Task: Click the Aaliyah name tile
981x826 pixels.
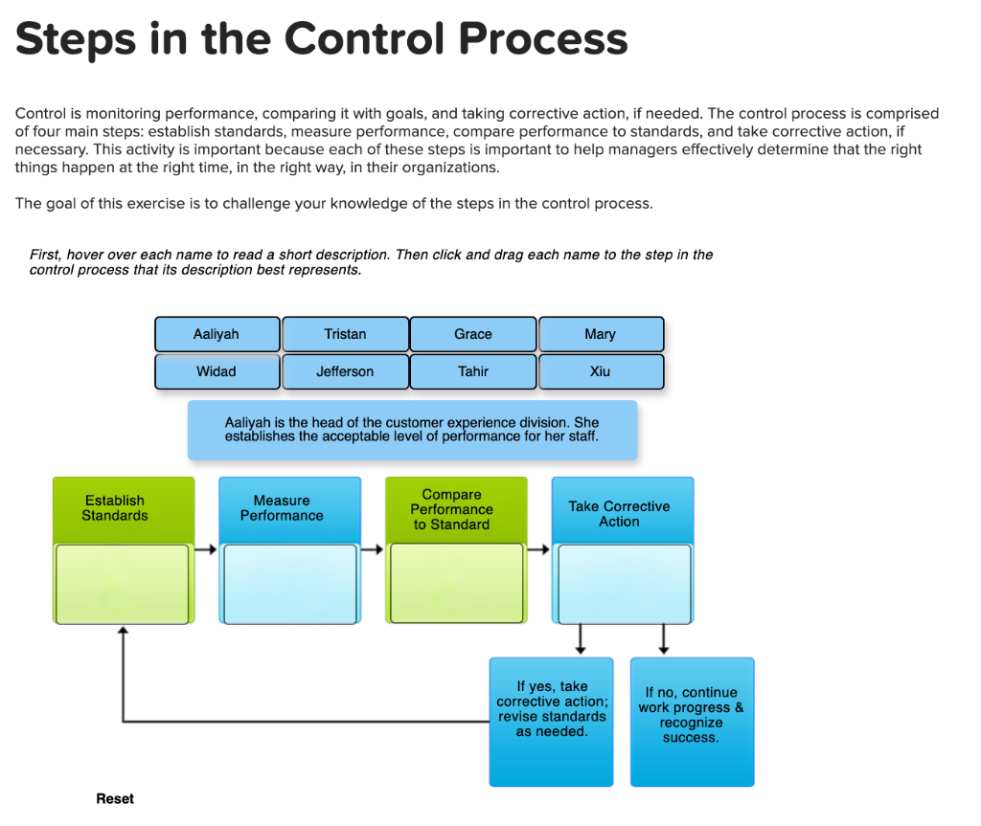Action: pyautogui.click(x=217, y=334)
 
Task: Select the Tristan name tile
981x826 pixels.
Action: pyautogui.click(x=345, y=334)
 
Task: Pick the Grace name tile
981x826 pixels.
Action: pyautogui.click(x=473, y=334)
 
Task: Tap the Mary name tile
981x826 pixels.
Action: pyautogui.click(x=601, y=334)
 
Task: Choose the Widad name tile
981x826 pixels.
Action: pyautogui.click(x=217, y=371)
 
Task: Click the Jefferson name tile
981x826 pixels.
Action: pyautogui.click(x=345, y=371)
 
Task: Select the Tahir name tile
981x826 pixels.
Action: pyautogui.click(x=473, y=371)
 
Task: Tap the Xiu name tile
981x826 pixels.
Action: pyautogui.click(x=601, y=371)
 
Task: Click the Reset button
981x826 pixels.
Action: pyautogui.click(x=115, y=798)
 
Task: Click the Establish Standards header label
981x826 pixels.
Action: pyautogui.click(x=115, y=508)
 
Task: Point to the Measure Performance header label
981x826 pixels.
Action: pyautogui.click(x=282, y=508)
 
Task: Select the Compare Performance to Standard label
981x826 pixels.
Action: pyautogui.click(x=452, y=509)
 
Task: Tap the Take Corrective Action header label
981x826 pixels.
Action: pyautogui.click(x=619, y=514)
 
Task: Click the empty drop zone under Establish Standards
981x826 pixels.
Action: pyautogui.click(x=122, y=584)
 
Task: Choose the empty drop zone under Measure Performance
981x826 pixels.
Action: pyautogui.click(x=289, y=584)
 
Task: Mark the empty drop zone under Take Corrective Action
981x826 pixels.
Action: pyautogui.click(x=625, y=584)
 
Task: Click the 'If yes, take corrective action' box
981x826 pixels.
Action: pyautogui.click(x=551, y=722)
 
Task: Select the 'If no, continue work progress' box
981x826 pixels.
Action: pyautogui.click(x=692, y=722)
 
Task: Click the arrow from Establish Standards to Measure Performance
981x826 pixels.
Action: pyautogui.click(x=205, y=549)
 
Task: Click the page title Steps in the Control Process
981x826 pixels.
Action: pyautogui.click(x=322, y=39)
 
